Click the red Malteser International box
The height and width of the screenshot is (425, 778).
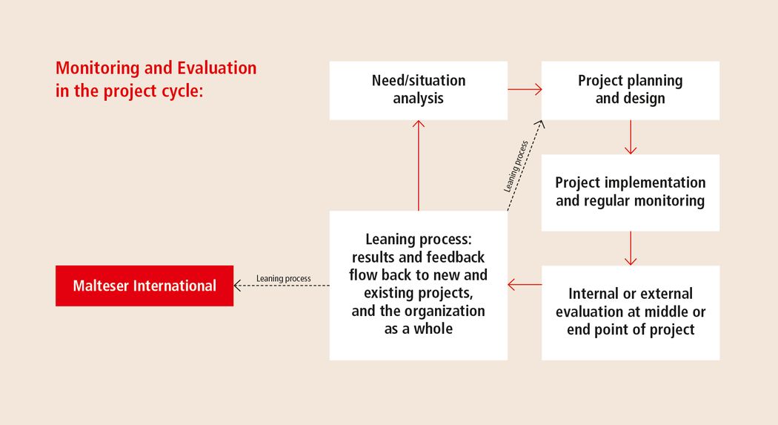144,286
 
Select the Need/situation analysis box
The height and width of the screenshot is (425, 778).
419,90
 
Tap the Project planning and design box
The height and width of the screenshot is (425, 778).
630,90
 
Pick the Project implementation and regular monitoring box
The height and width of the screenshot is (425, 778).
630,193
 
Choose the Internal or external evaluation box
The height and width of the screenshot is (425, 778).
630,313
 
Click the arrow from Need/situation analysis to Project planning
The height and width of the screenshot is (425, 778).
525,89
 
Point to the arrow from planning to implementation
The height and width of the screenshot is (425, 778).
631,137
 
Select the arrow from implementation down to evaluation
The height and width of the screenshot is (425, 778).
631,248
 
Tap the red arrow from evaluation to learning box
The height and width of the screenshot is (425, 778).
525,285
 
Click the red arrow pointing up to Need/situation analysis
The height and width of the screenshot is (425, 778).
419,165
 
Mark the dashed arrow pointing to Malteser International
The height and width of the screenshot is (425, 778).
282,286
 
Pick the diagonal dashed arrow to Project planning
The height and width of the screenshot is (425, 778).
525,165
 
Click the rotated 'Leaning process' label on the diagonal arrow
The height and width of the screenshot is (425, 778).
516,166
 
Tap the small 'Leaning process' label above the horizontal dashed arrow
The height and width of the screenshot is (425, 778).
283,279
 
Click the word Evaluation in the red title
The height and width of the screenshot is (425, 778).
217,67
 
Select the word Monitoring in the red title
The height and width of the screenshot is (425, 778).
97,68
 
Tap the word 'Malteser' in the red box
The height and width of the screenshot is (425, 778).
101,286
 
